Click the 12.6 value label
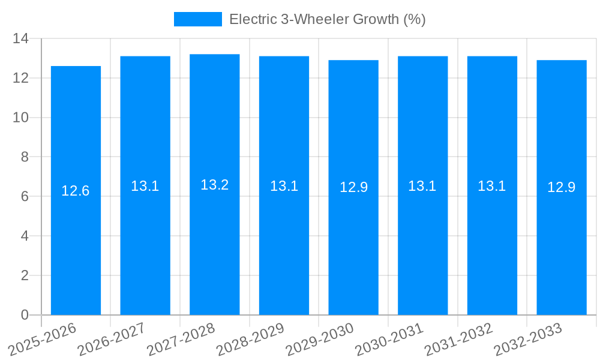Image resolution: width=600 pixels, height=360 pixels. (x=76, y=191)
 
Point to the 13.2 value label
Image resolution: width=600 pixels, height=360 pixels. (x=215, y=185)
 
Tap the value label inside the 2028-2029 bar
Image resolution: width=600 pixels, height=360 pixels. (x=284, y=186)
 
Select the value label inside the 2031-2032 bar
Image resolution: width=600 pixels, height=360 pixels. (x=492, y=186)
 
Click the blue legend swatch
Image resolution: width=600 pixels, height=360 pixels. (x=197, y=19)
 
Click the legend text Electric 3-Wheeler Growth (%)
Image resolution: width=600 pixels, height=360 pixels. (x=328, y=19)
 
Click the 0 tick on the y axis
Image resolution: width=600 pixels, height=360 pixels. (x=25, y=315)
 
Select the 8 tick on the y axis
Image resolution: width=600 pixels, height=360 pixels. (x=25, y=157)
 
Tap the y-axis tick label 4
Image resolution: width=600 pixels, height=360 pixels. (x=25, y=236)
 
